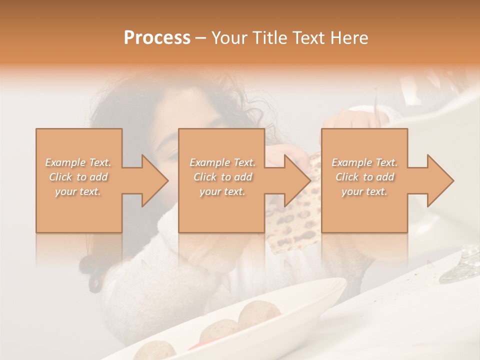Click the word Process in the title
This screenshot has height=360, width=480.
[157, 38]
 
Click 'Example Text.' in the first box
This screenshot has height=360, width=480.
[78, 162]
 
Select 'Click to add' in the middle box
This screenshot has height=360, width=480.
[222, 177]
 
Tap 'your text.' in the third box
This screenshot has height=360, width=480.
[364, 191]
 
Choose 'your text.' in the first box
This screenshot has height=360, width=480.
[78, 191]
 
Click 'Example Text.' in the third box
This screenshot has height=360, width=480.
[364, 162]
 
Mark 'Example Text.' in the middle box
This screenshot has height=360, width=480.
[222, 162]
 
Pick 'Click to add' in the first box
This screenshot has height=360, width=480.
[78, 177]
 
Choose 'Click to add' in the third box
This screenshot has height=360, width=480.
[364, 177]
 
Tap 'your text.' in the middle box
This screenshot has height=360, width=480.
[222, 191]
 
